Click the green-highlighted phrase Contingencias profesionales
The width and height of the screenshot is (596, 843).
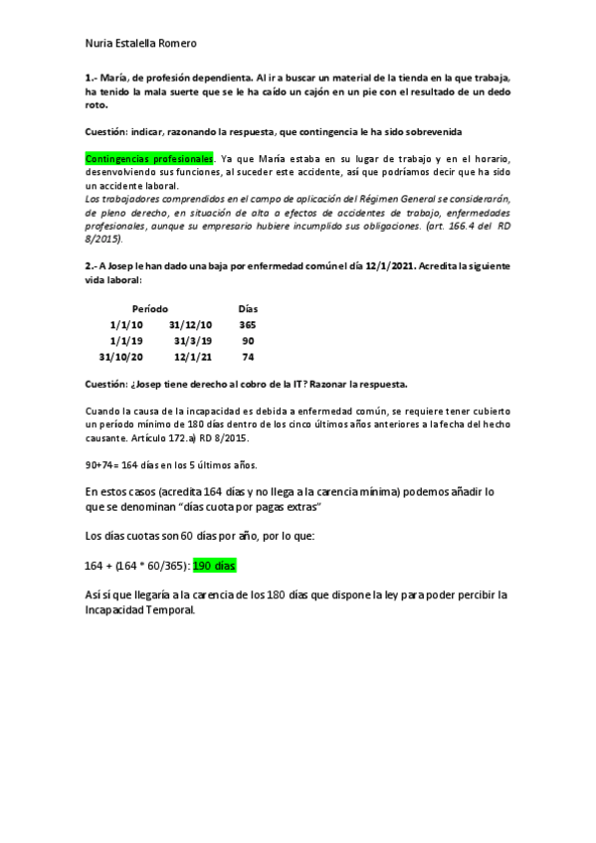[150, 159]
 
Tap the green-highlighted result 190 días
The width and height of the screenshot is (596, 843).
[216, 565]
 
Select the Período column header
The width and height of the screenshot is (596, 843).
[149, 309]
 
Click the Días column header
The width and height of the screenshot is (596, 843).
[248, 309]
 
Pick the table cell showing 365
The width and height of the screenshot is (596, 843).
[248, 325]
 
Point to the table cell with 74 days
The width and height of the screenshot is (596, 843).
[248, 356]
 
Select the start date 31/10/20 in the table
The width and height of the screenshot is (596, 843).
[120, 356]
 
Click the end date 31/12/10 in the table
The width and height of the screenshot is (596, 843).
[188, 325]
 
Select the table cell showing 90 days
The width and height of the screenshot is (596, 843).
[248, 340]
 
